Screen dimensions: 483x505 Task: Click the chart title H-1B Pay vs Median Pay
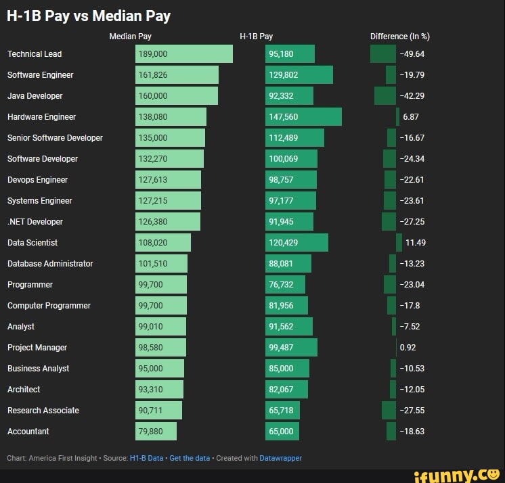(89, 16)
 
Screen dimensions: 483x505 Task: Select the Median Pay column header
(130, 37)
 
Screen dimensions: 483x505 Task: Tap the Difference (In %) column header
(399, 37)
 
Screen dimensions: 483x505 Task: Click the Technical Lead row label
(35, 54)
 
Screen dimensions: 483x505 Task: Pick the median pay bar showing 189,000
(183, 54)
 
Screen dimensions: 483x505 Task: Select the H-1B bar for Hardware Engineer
(303, 117)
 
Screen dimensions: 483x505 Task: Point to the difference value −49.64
(412, 54)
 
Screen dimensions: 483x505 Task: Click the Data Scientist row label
(32, 243)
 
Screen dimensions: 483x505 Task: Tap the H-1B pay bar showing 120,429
(297, 243)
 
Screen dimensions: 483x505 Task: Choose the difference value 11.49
(415, 243)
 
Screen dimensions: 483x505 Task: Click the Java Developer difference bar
(385, 96)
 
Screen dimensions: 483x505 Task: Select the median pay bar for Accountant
(156, 432)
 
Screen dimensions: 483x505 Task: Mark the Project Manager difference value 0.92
(408, 348)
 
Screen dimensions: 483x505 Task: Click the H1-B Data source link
(146, 458)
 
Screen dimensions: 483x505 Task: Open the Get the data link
(190, 458)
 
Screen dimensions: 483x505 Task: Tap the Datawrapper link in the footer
(280, 458)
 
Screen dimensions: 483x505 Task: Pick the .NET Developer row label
(35, 222)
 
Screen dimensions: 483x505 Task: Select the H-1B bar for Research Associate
(282, 411)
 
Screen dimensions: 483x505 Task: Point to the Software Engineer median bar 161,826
(177, 75)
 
